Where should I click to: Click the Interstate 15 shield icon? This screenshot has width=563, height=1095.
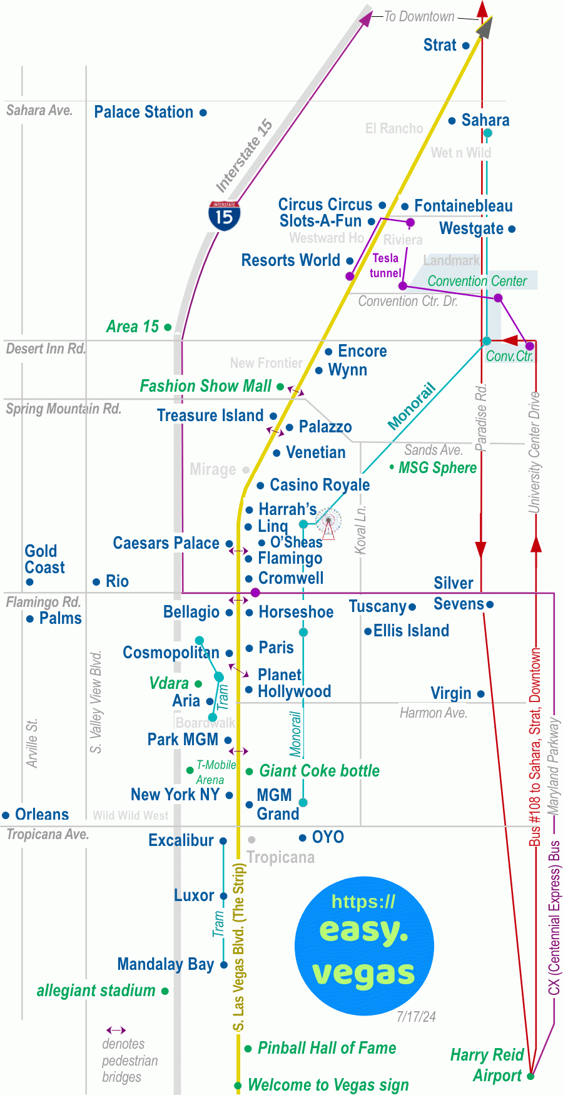(224, 216)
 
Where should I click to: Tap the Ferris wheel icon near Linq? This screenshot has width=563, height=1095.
(328, 522)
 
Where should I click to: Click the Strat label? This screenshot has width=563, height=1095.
(440, 45)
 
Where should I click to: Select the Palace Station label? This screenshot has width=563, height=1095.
(143, 112)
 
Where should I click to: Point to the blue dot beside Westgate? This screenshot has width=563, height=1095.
(512, 230)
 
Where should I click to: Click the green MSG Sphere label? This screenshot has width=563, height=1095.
(437, 468)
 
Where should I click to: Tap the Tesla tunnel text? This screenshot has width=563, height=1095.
(385, 266)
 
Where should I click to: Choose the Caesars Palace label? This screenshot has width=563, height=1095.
(166, 543)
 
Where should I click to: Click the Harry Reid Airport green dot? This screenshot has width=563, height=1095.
(530, 1076)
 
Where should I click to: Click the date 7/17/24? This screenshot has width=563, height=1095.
(416, 1017)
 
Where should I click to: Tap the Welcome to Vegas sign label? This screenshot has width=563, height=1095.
(328, 1085)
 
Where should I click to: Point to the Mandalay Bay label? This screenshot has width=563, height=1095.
(166, 964)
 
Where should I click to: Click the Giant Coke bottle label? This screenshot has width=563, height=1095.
(319, 771)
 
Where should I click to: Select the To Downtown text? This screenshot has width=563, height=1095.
(418, 17)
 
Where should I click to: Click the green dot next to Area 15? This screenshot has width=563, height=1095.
(168, 327)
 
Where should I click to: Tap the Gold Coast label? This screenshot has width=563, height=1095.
(44, 559)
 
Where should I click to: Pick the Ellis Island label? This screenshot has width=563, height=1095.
(411, 631)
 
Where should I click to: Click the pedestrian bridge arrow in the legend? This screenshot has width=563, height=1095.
(116, 1030)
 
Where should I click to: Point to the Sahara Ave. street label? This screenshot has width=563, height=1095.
(39, 111)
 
